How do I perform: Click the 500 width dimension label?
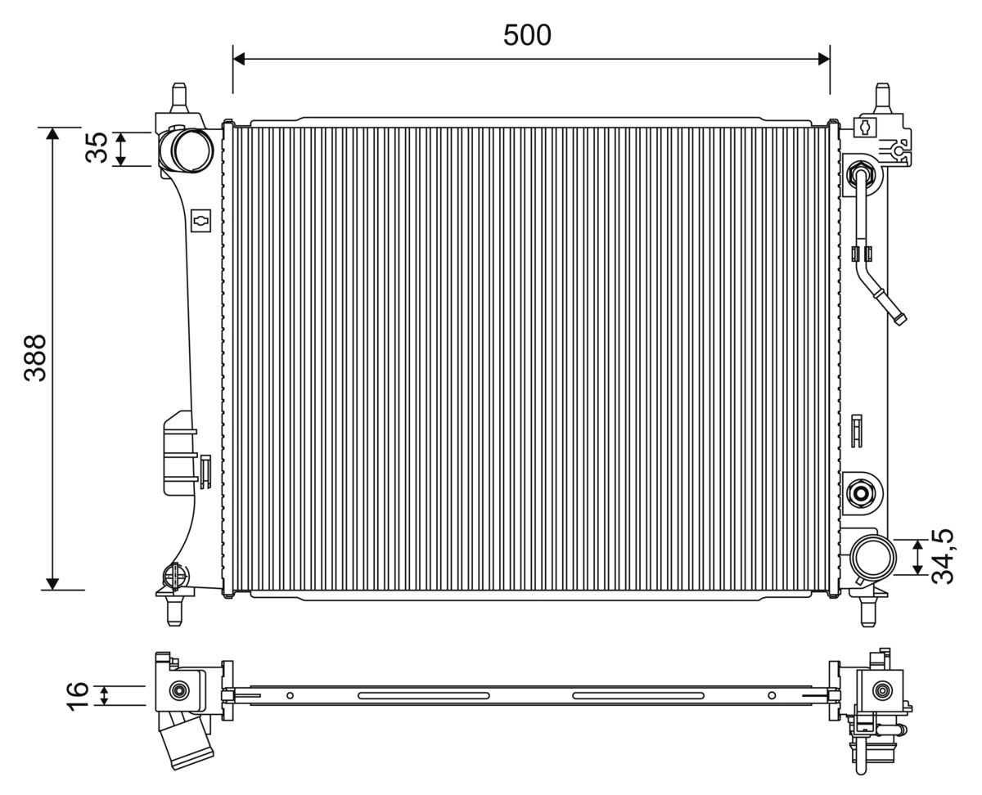(527, 35)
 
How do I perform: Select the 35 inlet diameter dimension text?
(97, 148)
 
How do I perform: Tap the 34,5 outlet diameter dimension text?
(944, 556)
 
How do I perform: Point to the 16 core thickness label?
(77, 695)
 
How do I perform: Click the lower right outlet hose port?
(872, 559)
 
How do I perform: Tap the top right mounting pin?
(883, 97)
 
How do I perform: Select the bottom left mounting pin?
(173, 612)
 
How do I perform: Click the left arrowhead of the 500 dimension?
(239, 58)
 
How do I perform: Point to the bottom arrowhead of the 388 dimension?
(52, 583)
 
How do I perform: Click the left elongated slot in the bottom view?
(423, 696)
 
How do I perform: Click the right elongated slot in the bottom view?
(637, 696)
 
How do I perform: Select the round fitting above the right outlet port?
(860, 492)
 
